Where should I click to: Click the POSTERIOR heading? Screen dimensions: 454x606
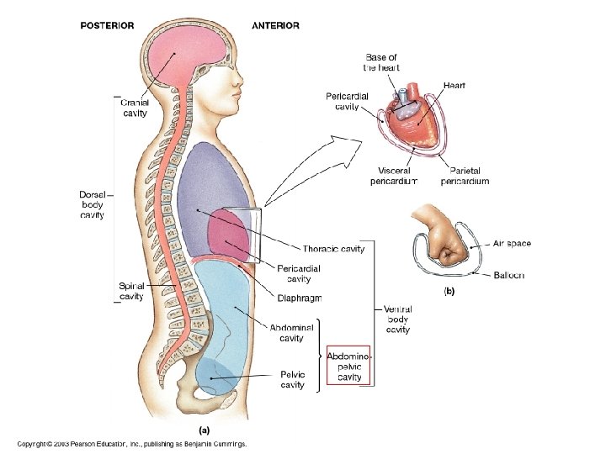(107, 25)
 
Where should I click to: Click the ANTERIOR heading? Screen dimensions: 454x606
(275, 25)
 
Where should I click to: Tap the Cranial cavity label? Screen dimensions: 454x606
(135, 107)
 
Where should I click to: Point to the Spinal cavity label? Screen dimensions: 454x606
(131, 291)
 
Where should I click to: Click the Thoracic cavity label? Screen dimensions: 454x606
(333, 249)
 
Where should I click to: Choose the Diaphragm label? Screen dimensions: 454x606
(299, 298)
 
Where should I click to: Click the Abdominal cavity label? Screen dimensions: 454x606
(291, 333)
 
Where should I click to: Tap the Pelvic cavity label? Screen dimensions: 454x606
(292, 379)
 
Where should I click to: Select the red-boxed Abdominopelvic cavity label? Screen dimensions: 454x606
(349, 367)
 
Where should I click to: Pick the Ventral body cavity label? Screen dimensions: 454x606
(397, 319)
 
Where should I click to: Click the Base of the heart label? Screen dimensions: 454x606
(381, 62)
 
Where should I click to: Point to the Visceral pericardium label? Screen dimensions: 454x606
(393, 176)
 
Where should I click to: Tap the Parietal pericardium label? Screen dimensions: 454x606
(464, 176)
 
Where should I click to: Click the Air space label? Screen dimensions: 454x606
(512, 244)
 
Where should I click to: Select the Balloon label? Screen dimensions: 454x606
(509, 275)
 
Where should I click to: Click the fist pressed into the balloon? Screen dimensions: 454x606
(446, 246)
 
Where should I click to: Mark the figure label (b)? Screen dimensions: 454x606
(449, 292)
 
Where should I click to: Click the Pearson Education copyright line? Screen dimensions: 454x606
(131, 443)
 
